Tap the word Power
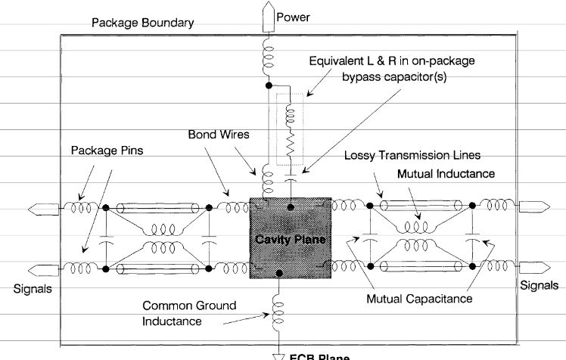point(292,17)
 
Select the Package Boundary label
point(143,23)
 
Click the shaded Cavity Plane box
point(290,238)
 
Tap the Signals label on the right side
point(540,285)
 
